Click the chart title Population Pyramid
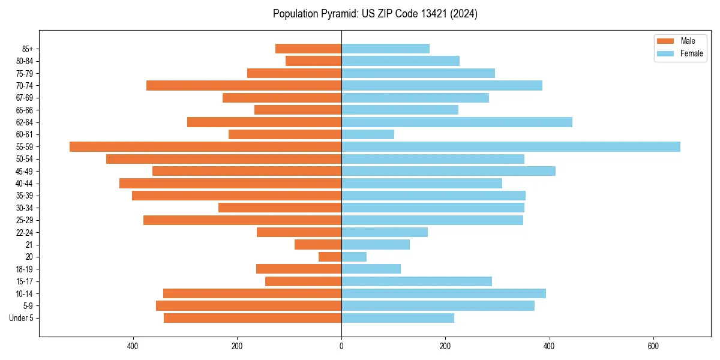pyautogui.click(x=375, y=14)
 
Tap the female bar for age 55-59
pyautogui.click(x=511, y=147)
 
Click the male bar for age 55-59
pyautogui.click(x=205, y=147)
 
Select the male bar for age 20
pyautogui.click(x=330, y=257)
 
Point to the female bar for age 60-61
pyautogui.click(x=368, y=134)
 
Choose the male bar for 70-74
pyautogui.click(x=244, y=86)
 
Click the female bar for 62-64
pyautogui.click(x=457, y=122)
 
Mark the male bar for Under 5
pyautogui.click(x=253, y=318)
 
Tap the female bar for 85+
pyautogui.click(x=385, y=49)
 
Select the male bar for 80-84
pyautogui.click(x=313, y=61)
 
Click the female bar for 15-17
pyautogui.click(x=416, y=281)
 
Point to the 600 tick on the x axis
pyautogui.click(x=653, y=346)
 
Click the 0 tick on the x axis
pyautogui.click(x=341, y=346)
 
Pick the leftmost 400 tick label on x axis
pyautogui.click(x=133, y=346)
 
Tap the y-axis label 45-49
pyautogui.click(x=24, y=172)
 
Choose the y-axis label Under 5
pyautogui.click(x=21, y=318)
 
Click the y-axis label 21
pyautogui.click(x=29, y=245)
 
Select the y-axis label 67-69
pyautogui.click(x=24, y=98)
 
